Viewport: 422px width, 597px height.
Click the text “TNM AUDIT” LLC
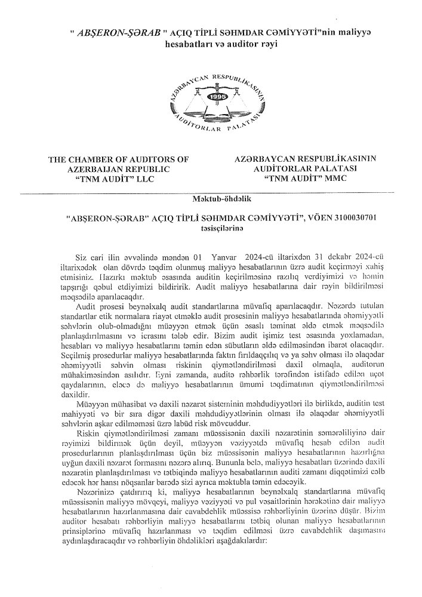pos(119,179)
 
